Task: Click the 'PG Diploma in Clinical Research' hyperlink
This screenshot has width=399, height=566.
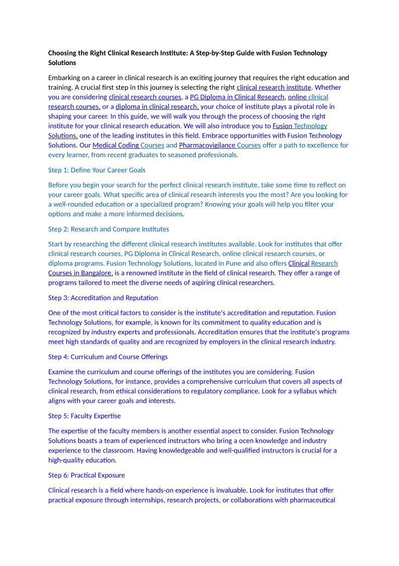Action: (237, 97)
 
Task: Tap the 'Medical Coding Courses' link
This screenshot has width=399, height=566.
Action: (128, 145)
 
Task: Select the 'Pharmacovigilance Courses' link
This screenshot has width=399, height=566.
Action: (219, 145)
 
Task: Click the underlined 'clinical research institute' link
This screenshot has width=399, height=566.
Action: (274, 87)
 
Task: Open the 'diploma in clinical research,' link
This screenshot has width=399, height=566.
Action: (157, 106)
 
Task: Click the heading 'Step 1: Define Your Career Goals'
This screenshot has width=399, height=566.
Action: (97, 170)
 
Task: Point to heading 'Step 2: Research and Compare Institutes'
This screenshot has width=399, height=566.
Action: (108, 229)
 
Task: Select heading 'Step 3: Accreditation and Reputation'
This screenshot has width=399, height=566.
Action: (103, 298)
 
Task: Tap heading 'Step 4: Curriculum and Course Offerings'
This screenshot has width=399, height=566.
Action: (108, 357)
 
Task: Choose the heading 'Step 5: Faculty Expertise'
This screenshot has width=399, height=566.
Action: (85, 416)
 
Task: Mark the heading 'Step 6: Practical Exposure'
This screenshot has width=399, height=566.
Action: (87, 475)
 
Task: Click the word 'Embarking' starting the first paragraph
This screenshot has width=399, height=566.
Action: (64, 78)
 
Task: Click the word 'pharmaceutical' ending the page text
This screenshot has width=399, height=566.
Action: (312, 500)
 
